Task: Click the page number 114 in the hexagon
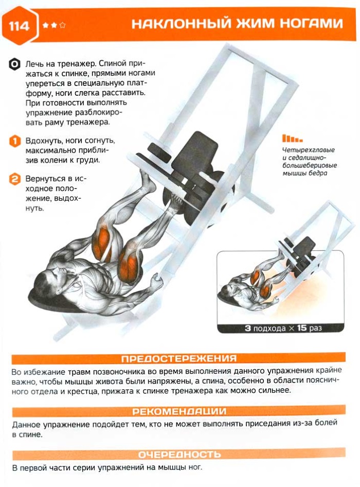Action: [19, 25]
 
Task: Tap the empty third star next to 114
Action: [62, 25]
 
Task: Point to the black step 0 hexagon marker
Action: [14, 64]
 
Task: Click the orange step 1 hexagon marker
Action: [14, 141]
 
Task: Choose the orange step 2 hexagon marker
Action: [14, 179]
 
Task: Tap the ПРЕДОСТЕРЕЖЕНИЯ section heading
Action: [179, 359]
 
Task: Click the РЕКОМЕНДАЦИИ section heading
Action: [179, 411]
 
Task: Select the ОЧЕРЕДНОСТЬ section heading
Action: [179, 455]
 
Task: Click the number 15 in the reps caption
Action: [302, 328]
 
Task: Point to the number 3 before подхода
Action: [248, 328]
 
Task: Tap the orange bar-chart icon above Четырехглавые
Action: [292, 138]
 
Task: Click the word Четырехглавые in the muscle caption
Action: [309, 150]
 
